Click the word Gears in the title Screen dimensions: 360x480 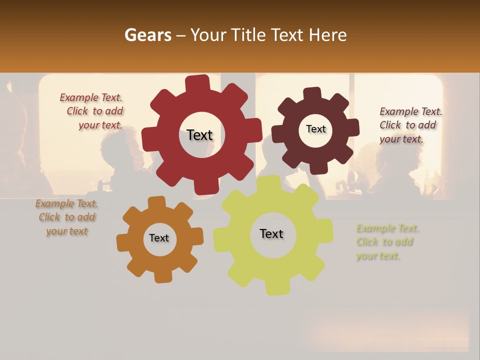click(x=147, y=35)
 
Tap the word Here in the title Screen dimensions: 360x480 click(x=327, y=35)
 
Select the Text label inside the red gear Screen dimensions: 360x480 click(x=199, y=135)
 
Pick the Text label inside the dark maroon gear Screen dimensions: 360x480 click(x=315, y=129)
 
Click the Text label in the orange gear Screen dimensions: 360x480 click(x=159, y=238)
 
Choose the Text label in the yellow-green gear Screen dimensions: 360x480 click(x=271, y=233)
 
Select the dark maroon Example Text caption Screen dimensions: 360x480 click(x=410, y=125)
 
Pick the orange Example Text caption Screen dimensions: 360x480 click(x=67, y=217)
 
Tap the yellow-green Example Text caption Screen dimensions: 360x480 click(x=386, y=242)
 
